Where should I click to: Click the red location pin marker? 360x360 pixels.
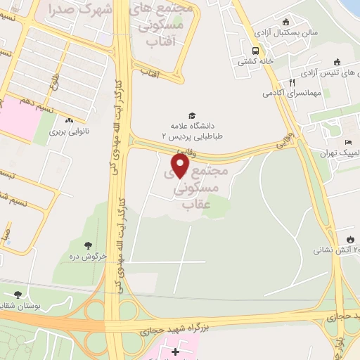click(181, 165)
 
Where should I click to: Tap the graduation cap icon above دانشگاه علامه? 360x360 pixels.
click(191, 116)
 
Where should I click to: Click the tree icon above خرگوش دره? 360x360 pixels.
click(88, 245)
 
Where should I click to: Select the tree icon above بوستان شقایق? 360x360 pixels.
click(18, 295)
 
